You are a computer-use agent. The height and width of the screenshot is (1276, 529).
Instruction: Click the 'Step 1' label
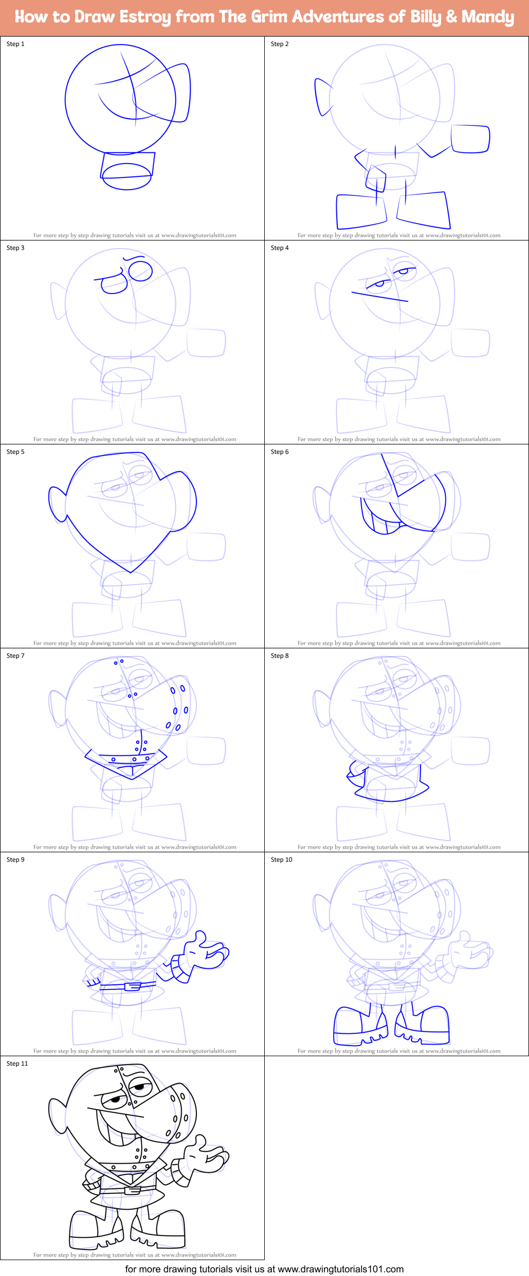coord(15,44)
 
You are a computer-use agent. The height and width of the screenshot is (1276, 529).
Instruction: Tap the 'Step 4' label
coord(280,248)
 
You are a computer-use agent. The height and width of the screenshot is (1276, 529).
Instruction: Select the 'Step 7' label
coord(15,656)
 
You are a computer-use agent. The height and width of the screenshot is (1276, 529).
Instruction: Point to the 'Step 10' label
coord(281,860)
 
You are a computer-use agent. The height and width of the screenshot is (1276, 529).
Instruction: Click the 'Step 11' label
coord(17,1064)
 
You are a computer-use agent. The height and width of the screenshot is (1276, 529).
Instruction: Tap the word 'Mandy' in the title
coord(487,17)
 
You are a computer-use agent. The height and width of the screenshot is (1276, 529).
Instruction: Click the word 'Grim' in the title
coord(268,17)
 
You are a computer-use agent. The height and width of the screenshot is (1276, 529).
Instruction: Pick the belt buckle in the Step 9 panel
coord(132,986)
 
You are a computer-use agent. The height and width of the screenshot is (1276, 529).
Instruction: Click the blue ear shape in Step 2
coord(322,97)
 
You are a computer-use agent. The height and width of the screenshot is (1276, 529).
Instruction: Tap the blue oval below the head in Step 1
coord(127,176)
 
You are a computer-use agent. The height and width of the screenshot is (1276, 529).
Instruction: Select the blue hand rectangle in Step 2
coord(470,139)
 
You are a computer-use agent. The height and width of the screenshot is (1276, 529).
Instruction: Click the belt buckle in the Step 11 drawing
coord(132,1190)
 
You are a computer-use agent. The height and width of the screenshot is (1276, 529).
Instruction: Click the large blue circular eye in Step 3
coord(140,272)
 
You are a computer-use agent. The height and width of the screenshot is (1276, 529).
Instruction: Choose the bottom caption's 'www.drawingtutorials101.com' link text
coord(340,1269)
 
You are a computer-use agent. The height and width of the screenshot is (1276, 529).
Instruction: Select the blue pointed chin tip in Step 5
coord(131,572)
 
